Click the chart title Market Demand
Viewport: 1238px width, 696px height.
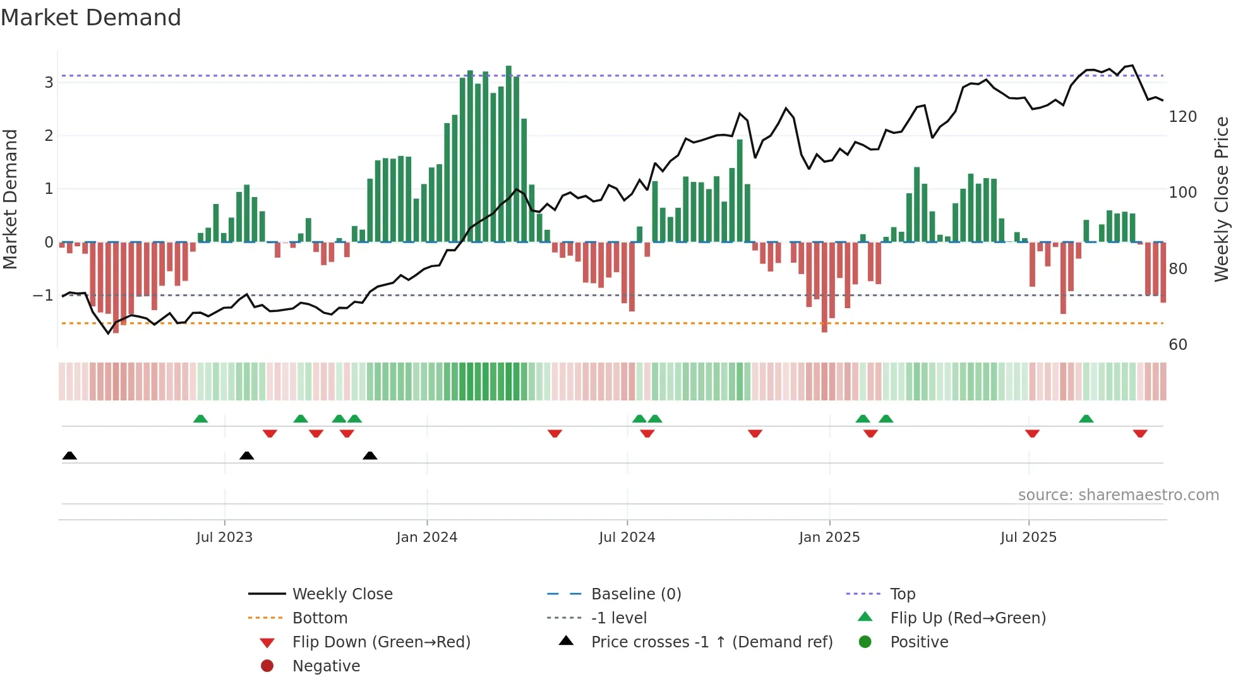(91, 18)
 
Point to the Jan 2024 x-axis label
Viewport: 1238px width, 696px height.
(426, 537)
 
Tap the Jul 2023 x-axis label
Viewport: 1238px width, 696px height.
(224, 537)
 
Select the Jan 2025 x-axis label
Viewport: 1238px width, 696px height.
(829, 537)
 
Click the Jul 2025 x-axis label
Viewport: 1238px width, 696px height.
(1028, 537)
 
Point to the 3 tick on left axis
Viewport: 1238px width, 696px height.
(49, 83)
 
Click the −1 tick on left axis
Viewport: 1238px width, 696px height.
(43, 296)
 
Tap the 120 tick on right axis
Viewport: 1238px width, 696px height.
(1182, 117)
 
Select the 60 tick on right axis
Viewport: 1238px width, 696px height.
(1178, 345)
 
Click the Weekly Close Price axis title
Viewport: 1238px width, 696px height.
(1222, 199)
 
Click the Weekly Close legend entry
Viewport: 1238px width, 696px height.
(342, 594)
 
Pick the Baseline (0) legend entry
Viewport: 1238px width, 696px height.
(635, 594)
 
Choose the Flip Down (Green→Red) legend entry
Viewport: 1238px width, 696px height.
(381, 642)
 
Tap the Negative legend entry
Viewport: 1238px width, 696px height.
(326, 666)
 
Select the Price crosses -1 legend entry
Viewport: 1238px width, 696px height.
(711, 642)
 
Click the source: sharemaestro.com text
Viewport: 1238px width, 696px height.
(1118, 495)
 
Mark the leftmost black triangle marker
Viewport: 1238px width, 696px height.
(69, 456)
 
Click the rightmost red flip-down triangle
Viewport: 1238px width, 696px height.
(1139, 434)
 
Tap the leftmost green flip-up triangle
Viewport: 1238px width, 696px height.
(200, 419)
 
